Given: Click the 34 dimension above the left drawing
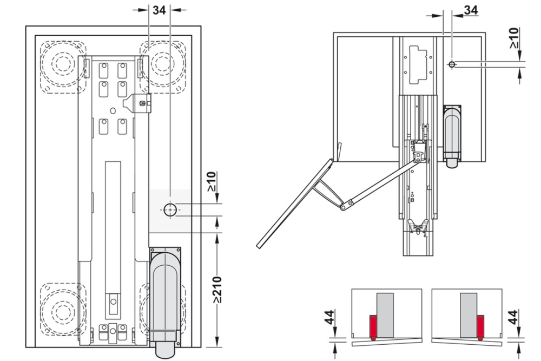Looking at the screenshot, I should pyautogui.click(x=159, y=9).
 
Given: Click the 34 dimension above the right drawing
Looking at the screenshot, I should pyautogui.click(x=471, y=10).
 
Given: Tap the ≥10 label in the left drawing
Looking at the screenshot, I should pyautogui.click(x=211, y=182).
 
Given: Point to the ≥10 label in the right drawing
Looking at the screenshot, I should pyautogui.click(x=514, y=39).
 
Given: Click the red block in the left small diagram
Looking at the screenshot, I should pyautogui.click(x=373, y=326).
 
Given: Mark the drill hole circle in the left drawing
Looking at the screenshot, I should pyautogui.click(x=170, y=209).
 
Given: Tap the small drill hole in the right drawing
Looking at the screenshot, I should pyautogui.click(x=452, y=64).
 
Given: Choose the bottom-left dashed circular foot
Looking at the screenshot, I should pyautogui.click(x=63, y=311).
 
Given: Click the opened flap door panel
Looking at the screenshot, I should pyautogui.click(x=295, y=204).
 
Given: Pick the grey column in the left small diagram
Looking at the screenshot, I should pyautogui.click(x=385, y=315).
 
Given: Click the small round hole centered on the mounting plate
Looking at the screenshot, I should pyautogui.click(x=113, y=110).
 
